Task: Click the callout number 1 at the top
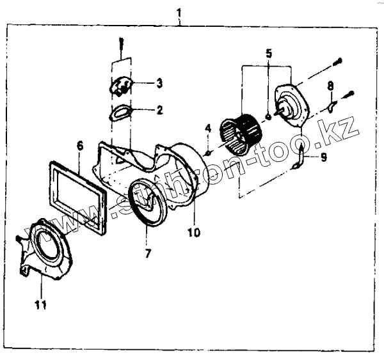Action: [x=180, y=13]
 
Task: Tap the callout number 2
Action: [x=159, y=110]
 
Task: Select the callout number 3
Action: [x=159, y=83]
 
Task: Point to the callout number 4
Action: [x=207, y=130]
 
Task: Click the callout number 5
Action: [x=269, y=53]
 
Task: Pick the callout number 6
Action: [x=80, y=146]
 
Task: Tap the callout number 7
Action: [x=148, y=254]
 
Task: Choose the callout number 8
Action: [x=330, y=85]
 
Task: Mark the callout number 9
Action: [x=323, y=157]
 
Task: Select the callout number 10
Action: [x=194, y=232]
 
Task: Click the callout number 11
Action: [x=40, y=306]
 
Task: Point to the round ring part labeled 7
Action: [x=148, y=204]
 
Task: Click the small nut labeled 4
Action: [x=208, y=152]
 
